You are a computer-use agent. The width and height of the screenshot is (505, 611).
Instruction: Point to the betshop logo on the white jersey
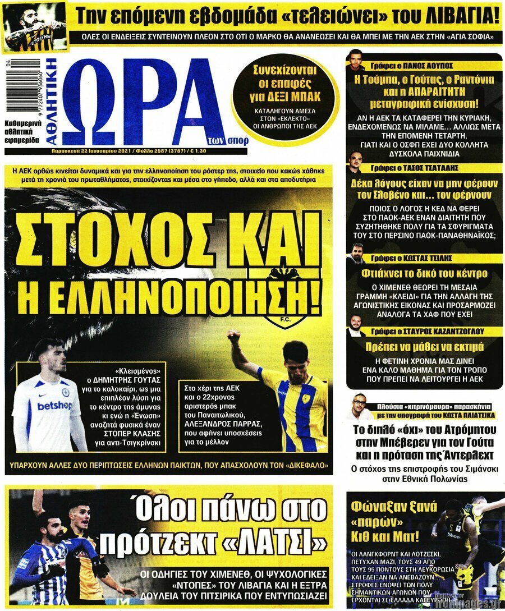(54, 405)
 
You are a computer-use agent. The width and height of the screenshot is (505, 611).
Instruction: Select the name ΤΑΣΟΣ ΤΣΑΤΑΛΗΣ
(415, 168)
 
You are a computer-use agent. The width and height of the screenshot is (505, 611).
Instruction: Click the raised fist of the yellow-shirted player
(233, 337)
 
